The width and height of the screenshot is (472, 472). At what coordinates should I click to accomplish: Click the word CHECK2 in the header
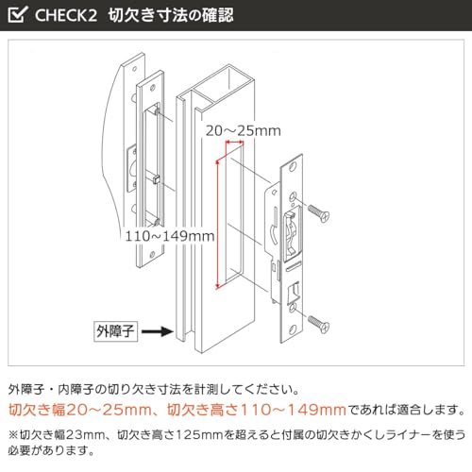click(66, 15)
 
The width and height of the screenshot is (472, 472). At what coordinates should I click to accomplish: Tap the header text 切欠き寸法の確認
click(171, 15)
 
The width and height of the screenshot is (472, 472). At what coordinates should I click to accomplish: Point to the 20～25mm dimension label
click(244, 131)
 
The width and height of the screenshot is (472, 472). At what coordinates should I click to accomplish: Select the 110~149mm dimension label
click(170, 236)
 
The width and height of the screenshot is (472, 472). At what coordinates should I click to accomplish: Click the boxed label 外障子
click(115, 331)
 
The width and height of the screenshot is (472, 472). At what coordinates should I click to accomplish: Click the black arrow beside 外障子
click(158, 331)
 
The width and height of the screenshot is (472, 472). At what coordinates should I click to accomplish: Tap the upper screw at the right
click(318, 213)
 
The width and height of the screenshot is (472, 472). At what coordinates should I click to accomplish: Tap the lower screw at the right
click(318, 324)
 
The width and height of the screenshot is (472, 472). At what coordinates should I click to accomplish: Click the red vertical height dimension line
click(217, 225)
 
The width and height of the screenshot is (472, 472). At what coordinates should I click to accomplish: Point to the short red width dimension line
click(234, 143)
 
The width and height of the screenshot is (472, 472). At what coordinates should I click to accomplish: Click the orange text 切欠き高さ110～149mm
click(257, 410)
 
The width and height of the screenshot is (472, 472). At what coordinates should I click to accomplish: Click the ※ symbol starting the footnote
click(13, 435)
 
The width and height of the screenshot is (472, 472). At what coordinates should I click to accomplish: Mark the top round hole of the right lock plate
click(293, 166)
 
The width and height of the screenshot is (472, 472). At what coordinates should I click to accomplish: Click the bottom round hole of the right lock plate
click(293, 330)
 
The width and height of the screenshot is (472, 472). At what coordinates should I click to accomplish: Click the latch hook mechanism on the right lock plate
click(292, 234)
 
